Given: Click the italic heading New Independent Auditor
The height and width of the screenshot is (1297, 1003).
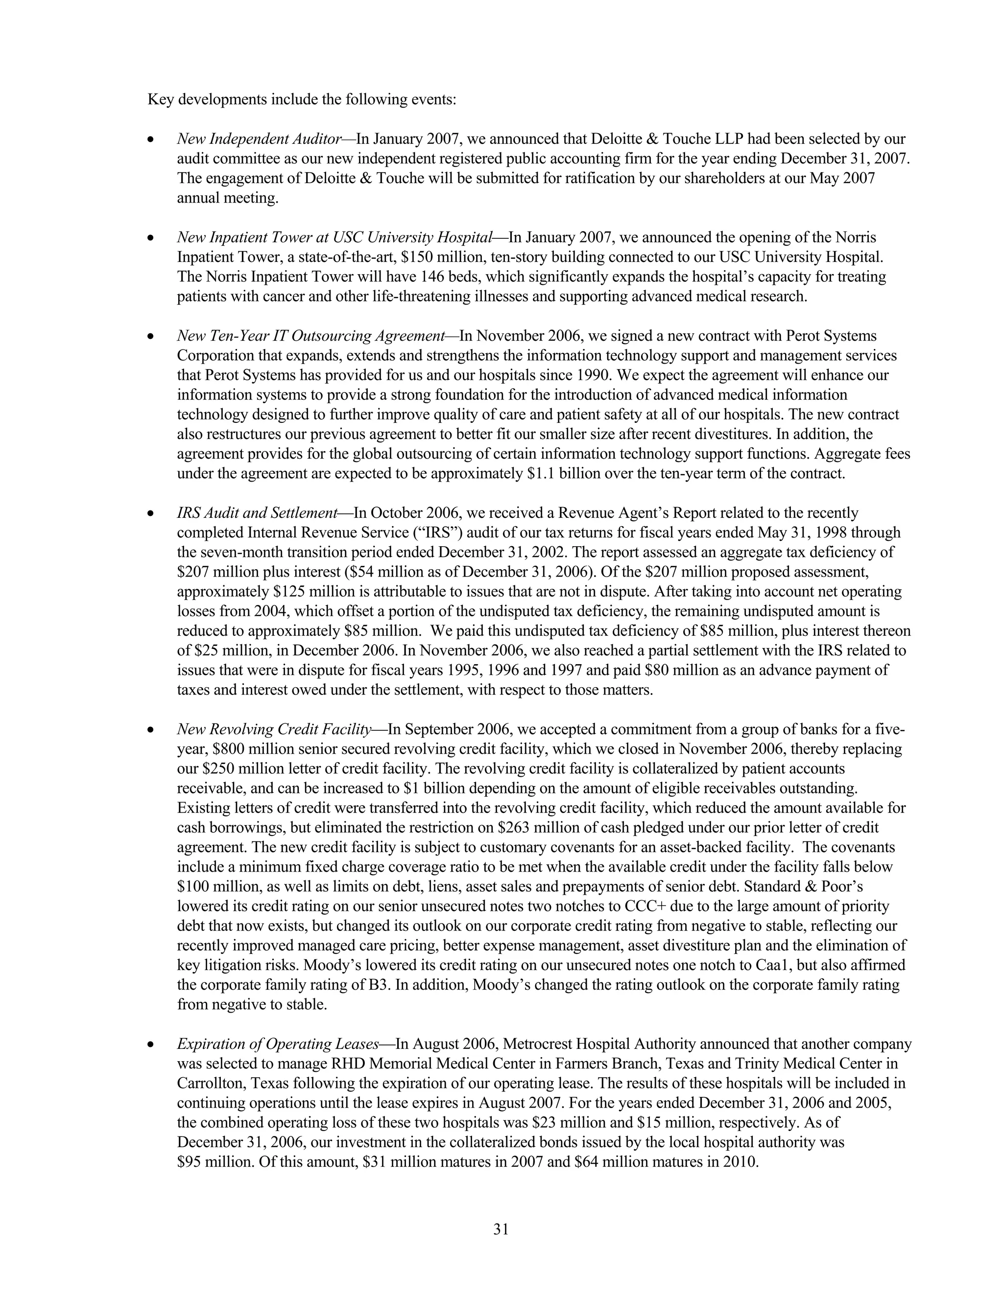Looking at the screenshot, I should tap(259, 139).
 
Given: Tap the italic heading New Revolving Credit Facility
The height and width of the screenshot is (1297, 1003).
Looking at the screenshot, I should tap(274, 729).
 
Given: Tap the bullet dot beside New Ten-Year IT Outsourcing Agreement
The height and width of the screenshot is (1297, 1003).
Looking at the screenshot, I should tap(152, 337).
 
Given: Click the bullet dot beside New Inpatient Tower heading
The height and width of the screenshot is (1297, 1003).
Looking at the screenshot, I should tap(152, 238).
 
